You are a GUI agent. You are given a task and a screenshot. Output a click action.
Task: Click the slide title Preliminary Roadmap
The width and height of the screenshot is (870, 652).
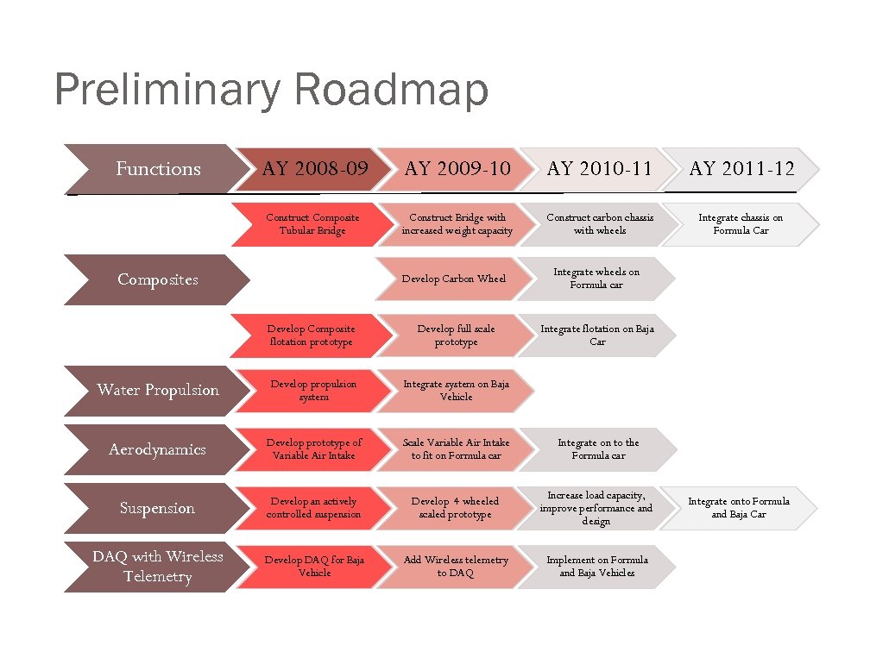[270, 91]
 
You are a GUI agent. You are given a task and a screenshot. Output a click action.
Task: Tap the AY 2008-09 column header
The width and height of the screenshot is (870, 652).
[314, 169]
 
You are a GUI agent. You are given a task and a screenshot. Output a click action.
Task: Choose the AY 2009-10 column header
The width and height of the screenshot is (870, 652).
[457, 169]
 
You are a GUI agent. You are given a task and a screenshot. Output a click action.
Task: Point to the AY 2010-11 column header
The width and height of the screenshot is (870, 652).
[599, 169]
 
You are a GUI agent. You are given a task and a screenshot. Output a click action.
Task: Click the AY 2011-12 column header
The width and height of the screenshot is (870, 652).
[741, 169]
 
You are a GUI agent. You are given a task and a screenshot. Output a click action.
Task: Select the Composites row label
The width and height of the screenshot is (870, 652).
[158, 279]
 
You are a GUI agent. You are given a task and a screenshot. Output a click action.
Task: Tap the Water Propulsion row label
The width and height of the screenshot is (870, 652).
[158, 390]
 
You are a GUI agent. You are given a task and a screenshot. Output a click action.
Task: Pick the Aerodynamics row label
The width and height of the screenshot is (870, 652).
[158, 449]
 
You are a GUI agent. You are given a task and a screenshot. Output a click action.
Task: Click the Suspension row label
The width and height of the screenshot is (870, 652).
[158, 508]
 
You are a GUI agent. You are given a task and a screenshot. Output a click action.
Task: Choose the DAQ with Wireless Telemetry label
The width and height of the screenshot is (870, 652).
[158, 567]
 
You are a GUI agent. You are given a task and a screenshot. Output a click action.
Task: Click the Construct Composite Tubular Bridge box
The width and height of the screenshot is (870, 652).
[312, 224]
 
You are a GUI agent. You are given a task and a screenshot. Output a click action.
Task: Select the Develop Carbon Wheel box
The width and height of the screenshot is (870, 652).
[454, 279]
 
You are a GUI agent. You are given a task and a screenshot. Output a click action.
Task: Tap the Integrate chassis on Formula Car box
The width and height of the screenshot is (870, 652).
[740, 224]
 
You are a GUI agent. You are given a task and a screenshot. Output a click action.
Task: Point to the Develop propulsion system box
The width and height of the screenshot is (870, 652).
[312, 390]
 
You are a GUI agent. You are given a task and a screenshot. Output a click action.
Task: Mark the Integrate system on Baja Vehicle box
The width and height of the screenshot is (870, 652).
[456, 390]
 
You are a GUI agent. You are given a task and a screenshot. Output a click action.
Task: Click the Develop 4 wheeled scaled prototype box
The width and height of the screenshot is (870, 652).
[455, 508]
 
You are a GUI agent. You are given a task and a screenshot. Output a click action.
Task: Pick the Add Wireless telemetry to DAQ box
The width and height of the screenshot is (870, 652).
[455, 567]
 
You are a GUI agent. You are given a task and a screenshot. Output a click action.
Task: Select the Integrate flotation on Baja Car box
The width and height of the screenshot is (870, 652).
[597, 335]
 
